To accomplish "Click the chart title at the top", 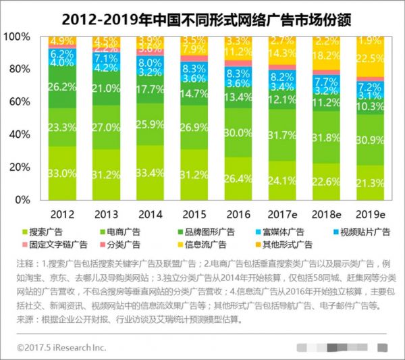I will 202,14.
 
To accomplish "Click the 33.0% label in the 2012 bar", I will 61,174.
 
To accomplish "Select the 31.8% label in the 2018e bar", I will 327,138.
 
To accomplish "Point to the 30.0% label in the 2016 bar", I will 238,133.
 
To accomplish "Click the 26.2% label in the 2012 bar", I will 61,86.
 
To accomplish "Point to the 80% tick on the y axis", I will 22,69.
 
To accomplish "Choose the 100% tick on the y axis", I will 20,36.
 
